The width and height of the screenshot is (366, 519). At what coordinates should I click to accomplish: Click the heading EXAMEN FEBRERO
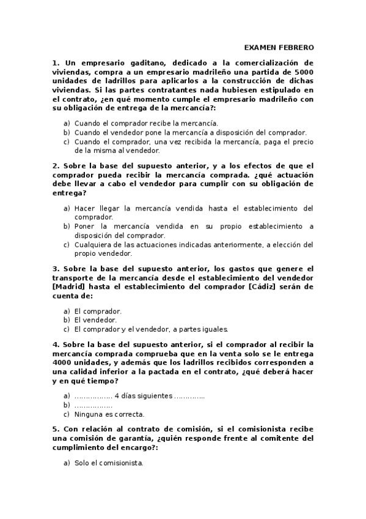pos(279,47)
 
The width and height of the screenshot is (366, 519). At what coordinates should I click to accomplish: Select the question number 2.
pos(56,166)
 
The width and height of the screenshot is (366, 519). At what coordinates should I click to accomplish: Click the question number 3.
pos(56,269)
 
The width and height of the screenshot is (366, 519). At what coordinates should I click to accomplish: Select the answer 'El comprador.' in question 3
pos(98,310)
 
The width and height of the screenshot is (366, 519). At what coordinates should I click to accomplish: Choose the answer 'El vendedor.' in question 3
pos(95,319)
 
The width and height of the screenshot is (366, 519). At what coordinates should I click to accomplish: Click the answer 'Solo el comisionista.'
pos(109,463)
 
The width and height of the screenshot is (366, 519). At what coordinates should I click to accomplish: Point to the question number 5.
pos(56,429)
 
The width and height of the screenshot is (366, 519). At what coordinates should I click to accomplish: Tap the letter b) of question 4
pos(67,405)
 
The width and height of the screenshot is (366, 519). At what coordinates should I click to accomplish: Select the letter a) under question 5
pos(67,463)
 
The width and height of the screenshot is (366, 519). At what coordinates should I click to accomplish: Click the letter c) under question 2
pos(67,245)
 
